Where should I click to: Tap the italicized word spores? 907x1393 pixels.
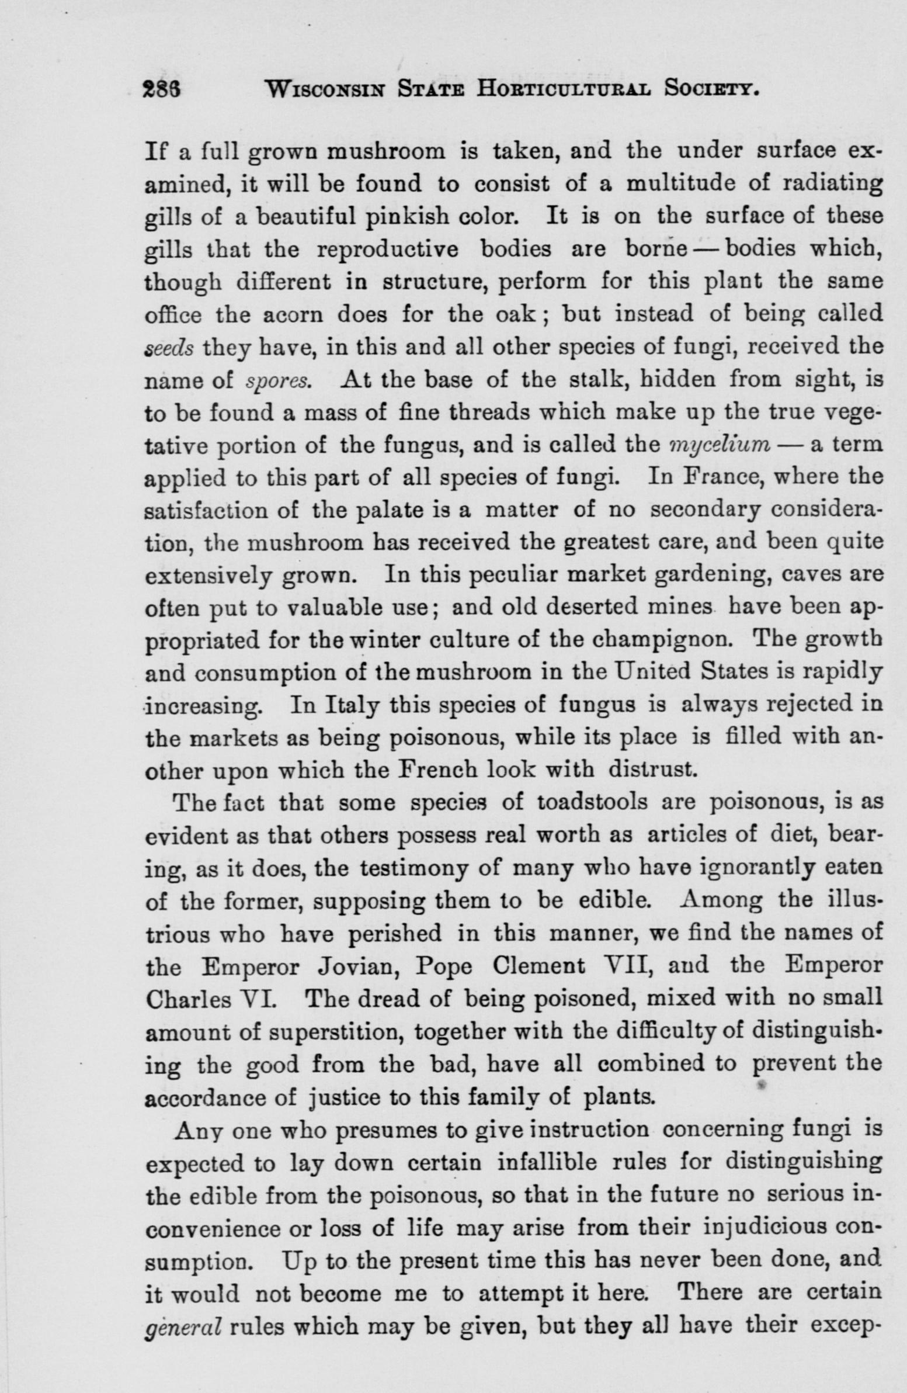[x=278, y=382]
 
